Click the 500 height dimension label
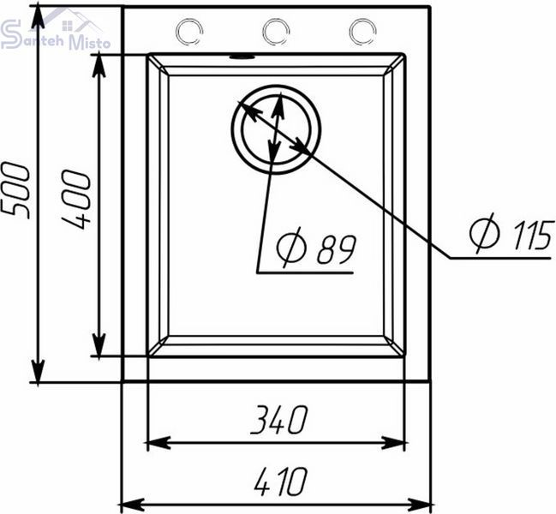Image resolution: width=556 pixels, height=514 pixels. (15, 190)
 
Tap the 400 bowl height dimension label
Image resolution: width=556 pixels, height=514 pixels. (76, 200)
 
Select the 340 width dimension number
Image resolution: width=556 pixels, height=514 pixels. (279, 420)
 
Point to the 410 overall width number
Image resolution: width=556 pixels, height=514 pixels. (281, 481)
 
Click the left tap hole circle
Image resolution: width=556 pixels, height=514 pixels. (189, 32)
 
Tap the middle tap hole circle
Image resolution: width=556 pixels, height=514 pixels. (276, 32)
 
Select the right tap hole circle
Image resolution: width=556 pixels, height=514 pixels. (362, 32)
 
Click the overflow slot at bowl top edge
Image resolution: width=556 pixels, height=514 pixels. (242, 57)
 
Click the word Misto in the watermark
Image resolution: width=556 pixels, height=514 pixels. (89, 43)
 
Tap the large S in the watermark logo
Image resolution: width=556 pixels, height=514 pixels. (10, 34)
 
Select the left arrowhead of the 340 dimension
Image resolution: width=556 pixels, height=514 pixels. (158, 443)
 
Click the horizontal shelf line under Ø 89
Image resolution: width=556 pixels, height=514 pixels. (305, 272)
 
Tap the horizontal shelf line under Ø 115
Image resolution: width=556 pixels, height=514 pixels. (500, 258)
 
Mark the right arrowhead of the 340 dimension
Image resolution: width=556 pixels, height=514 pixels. (393, 443)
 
